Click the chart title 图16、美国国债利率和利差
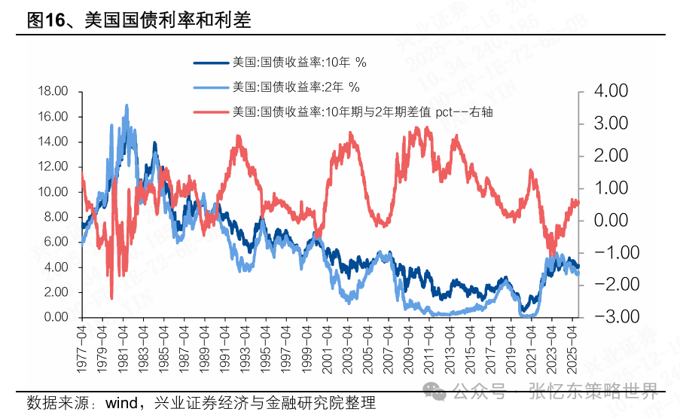point(139,20)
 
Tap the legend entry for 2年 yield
point(276,87)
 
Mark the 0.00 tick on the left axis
point(56,317)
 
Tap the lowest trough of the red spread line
point(111,298)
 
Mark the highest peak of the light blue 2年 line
point(127,105)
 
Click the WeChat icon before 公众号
point(435,391)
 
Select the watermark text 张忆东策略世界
point(595,392)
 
